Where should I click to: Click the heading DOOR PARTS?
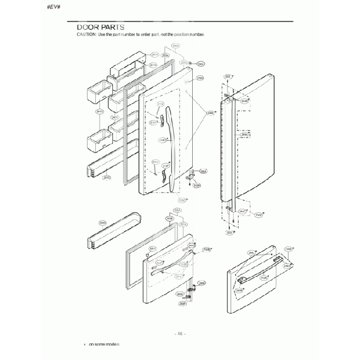(x=100, y=27)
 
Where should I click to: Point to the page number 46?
(x=180, y=333)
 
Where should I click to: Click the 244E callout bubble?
(x=210, y=114)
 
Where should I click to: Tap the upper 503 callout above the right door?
(x=228, y=77)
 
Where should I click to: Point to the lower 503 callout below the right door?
(x=229, y=233)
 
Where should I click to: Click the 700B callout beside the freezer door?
(x=207, y=250)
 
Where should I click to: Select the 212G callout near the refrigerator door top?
(x=200, y=79)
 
